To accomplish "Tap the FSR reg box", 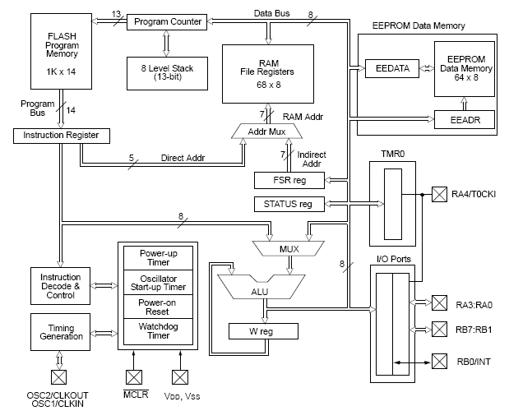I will [x=289, y=178].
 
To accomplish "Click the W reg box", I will [x=262, y=330].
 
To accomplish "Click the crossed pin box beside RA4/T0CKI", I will [x=437, y=194].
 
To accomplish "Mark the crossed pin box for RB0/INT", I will [x=437, y=361].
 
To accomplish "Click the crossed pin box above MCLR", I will [x=133, y=376].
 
